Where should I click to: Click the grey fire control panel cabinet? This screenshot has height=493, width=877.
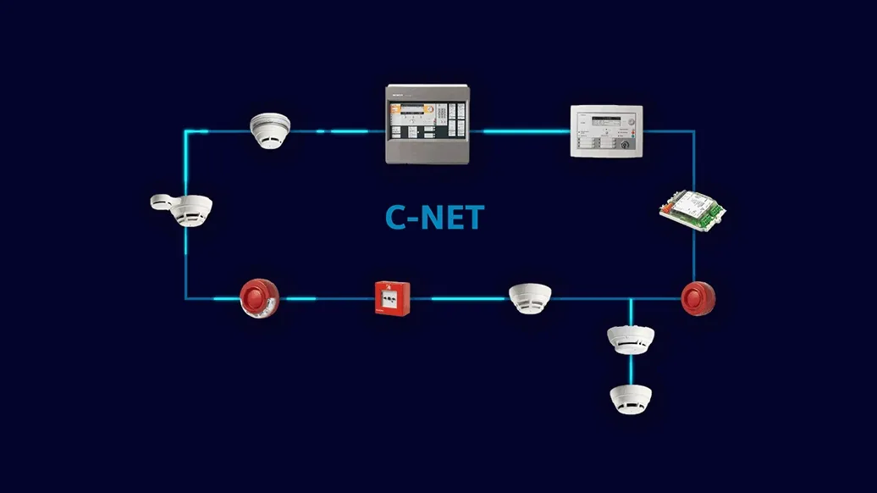coord(426,124)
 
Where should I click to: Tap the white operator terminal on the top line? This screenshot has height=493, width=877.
coord(606,130)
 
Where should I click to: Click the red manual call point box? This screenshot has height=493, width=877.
coord(392,298)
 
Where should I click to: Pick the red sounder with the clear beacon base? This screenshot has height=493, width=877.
coord(258,299)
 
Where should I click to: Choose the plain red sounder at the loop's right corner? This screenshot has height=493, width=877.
coord(698,298)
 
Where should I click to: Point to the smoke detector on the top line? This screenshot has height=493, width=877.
coord(270,130)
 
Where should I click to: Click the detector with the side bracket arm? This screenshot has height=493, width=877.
coord(182,209)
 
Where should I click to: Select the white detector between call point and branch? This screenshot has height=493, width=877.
coord(530,298)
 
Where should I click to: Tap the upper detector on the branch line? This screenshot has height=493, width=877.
coord(631,339)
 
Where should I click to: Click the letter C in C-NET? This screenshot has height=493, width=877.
coord(396,218)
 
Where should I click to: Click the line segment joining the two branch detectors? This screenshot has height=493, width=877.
coord(631,368)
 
